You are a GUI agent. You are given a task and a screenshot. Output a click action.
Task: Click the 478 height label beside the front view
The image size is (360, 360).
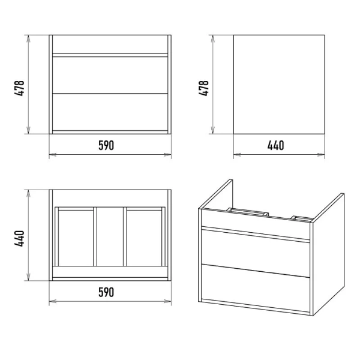point(19,88)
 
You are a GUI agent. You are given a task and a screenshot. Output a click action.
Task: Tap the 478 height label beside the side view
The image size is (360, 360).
point(203,88)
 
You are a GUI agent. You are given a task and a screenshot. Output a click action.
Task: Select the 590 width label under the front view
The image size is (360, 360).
point(106,145)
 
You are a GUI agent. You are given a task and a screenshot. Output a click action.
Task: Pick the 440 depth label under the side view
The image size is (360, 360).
point(275,145)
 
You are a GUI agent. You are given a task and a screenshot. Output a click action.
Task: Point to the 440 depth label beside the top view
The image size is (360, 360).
point(19,239)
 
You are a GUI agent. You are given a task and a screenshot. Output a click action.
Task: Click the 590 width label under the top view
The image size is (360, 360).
point(106,292)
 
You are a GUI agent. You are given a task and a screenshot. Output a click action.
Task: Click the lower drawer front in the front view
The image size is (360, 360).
point(110,112)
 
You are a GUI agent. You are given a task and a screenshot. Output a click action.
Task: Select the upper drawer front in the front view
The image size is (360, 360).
point(110,75)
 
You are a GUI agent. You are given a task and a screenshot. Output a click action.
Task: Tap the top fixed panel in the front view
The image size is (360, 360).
point(110,44)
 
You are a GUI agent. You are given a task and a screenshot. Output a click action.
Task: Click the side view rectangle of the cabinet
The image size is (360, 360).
point(279,84)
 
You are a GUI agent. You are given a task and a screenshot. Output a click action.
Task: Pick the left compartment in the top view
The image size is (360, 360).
point(76,238)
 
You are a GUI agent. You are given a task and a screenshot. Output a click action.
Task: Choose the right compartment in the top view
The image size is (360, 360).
point(144,238)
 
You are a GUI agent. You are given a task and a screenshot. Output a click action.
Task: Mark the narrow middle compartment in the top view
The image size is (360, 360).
point(110,237)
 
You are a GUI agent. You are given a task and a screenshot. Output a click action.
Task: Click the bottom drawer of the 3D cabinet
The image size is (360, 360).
point(256,288)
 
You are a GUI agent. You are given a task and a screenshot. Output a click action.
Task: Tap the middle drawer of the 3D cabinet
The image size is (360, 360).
point(256,253)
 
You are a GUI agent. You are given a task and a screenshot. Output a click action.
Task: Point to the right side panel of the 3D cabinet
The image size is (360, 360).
point(328,254)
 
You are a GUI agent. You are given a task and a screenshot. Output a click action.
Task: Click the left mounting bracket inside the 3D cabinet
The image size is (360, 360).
point(247,212)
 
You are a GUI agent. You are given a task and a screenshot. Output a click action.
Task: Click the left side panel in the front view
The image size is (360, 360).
point(51,84)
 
